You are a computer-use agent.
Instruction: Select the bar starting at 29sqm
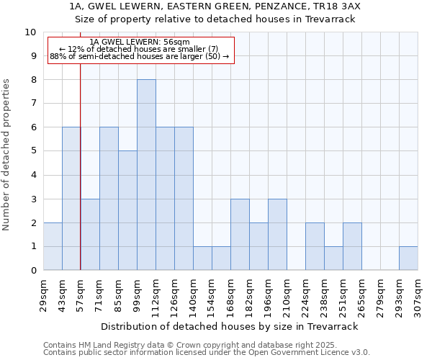[53, 246]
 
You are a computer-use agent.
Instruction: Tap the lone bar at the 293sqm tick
[408, 258]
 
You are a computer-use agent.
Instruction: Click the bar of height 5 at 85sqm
[127, 210]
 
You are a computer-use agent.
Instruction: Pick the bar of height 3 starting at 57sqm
[90, 235]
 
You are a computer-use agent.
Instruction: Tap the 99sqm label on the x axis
[138, 294]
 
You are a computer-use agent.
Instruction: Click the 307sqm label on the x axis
[418, 296]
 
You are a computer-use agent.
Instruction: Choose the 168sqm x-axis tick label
[231, 296]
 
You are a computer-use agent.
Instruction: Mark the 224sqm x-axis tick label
[306, 296]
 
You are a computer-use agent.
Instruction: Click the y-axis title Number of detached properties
[7, 155]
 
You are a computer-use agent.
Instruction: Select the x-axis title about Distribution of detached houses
[229, 326]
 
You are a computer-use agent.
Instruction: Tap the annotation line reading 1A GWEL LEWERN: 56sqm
[141, 42]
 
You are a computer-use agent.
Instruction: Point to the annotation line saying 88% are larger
[140, 56]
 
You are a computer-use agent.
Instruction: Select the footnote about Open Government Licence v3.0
[207, 353]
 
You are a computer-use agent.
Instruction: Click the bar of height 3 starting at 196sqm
[277, 235]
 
